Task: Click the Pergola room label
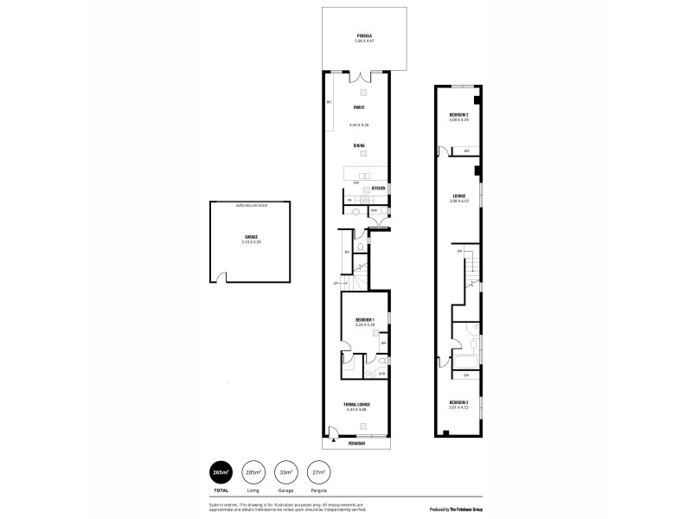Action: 364,36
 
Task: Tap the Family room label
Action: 357,107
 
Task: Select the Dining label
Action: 357,145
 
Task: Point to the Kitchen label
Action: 378,188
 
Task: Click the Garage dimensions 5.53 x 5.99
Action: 251,241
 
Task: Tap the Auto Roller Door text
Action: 251,206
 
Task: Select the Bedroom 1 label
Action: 363,321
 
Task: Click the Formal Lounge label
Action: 363,404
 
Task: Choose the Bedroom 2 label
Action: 458,115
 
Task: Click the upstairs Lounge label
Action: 458,195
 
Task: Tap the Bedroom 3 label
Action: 458,403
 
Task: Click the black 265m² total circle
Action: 221,471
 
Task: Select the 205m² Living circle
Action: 253,471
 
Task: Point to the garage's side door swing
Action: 222,277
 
